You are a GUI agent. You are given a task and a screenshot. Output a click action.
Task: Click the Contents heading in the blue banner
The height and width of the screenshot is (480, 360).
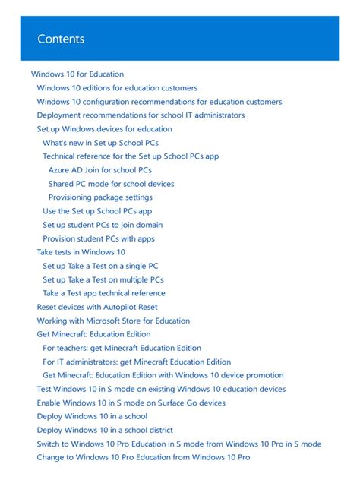tap(61, 39)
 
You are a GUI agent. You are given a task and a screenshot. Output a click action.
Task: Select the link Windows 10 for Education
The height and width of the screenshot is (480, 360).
tap(77, 74)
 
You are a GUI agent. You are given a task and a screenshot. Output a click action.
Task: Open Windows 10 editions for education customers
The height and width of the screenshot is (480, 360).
tap(117, 88)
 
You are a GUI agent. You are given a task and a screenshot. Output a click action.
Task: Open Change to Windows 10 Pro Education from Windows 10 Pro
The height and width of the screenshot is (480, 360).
tap(144, 457)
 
